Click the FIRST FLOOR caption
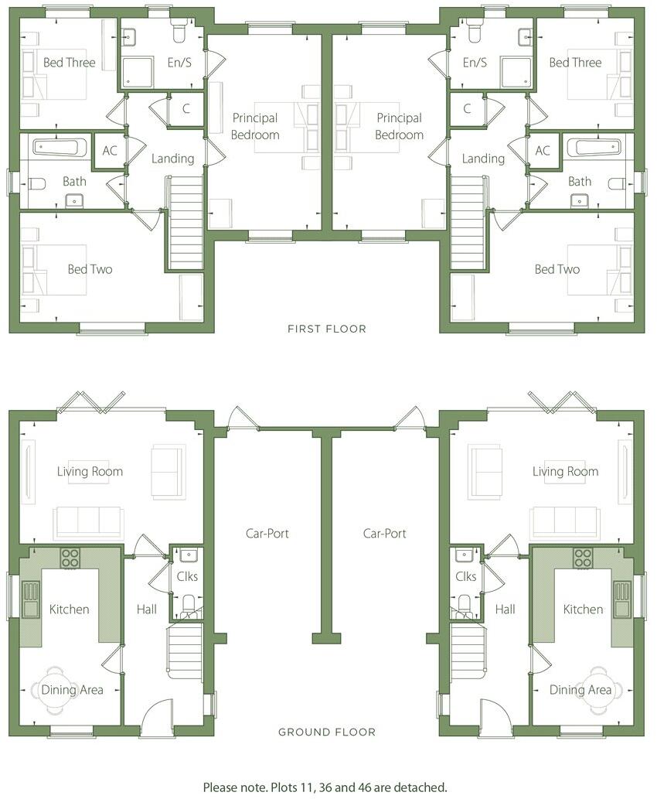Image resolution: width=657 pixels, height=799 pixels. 326,329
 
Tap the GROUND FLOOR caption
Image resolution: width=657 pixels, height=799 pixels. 327,732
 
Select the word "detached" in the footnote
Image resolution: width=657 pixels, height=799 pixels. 420,787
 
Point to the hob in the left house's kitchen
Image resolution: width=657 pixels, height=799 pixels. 70,558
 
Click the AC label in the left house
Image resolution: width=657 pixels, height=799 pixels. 110,150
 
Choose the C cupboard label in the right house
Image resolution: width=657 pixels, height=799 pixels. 467,109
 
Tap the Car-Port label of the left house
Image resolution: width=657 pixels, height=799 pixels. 267,533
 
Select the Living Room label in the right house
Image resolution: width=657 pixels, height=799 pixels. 565,471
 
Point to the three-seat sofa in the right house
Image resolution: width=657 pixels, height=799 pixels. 564,524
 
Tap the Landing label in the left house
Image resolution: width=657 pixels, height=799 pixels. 172,159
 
